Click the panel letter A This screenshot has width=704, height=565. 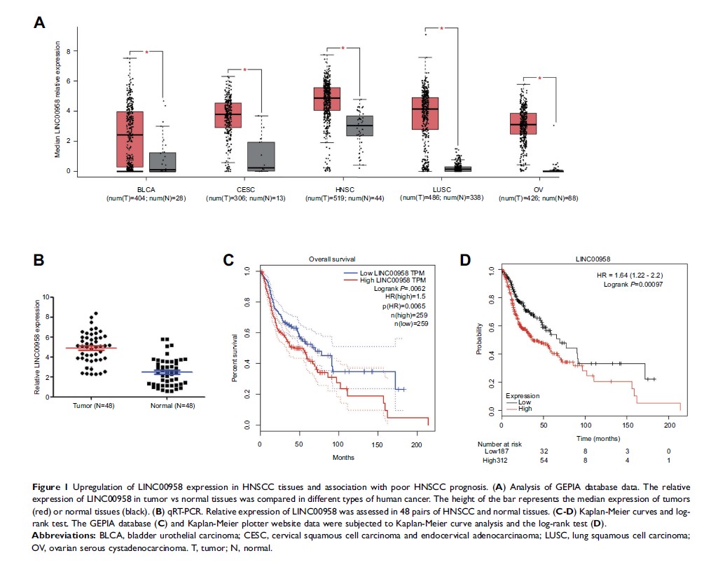(x=40, y=22)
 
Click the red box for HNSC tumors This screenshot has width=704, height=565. (x=326, y=99)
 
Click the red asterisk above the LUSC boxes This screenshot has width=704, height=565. (x=441, y=29)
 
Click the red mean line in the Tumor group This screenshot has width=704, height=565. (x=86, y=348)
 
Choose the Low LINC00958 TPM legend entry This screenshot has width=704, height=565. (x=391, y=271)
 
